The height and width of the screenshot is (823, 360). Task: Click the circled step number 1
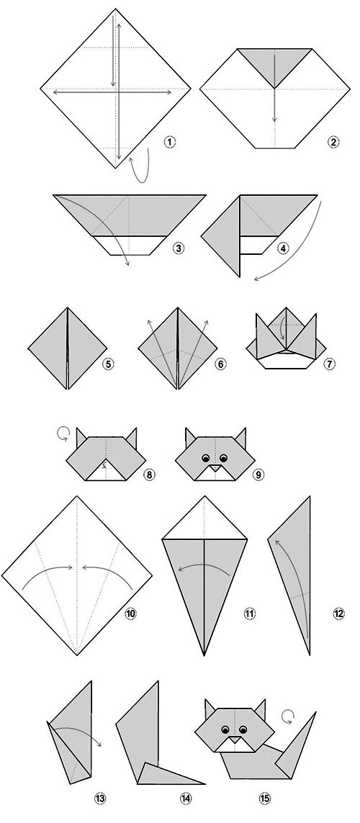tap(169, 142)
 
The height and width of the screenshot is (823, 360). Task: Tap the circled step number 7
tap(330, 363)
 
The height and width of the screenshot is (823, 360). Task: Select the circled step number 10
tap(130, 613)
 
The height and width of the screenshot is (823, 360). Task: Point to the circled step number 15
tap(264, 799)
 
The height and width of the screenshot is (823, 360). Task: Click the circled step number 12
tap(338, 613)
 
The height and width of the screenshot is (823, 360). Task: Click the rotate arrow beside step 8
tap(63, 433)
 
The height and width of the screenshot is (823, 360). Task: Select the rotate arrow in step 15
tap(287, 716)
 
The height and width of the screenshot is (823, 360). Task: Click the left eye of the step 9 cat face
tap(205, 457)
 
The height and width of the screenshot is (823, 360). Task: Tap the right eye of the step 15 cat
tap(243, 729)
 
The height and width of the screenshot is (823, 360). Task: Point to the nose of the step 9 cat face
tap(215, 467)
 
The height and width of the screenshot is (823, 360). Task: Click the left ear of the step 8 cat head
tap(81, 439)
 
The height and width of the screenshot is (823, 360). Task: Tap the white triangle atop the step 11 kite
tap(204, 518)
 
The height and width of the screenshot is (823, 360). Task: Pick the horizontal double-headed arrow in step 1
tap(113, 93)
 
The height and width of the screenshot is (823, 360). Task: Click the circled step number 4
tap(284, 248)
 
